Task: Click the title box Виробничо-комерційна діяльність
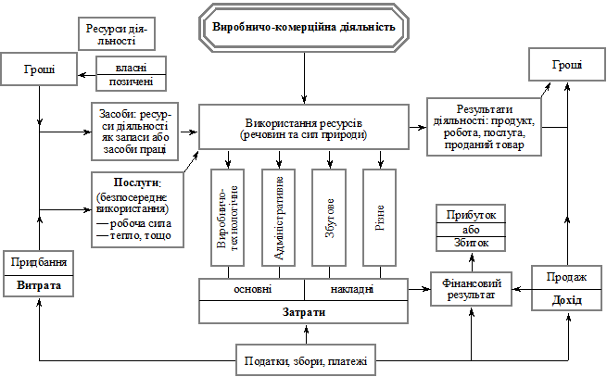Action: (304, 27)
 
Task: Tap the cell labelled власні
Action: (131, 67)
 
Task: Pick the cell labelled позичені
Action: (131, 82)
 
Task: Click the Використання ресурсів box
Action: (304, 128)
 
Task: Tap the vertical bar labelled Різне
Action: (380, 218)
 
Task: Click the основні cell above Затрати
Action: (252, 289)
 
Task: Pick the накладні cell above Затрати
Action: (355, 289)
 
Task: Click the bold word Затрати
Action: (304, 312)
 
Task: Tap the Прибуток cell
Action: (471, 215)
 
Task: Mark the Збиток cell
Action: (471, 244)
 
